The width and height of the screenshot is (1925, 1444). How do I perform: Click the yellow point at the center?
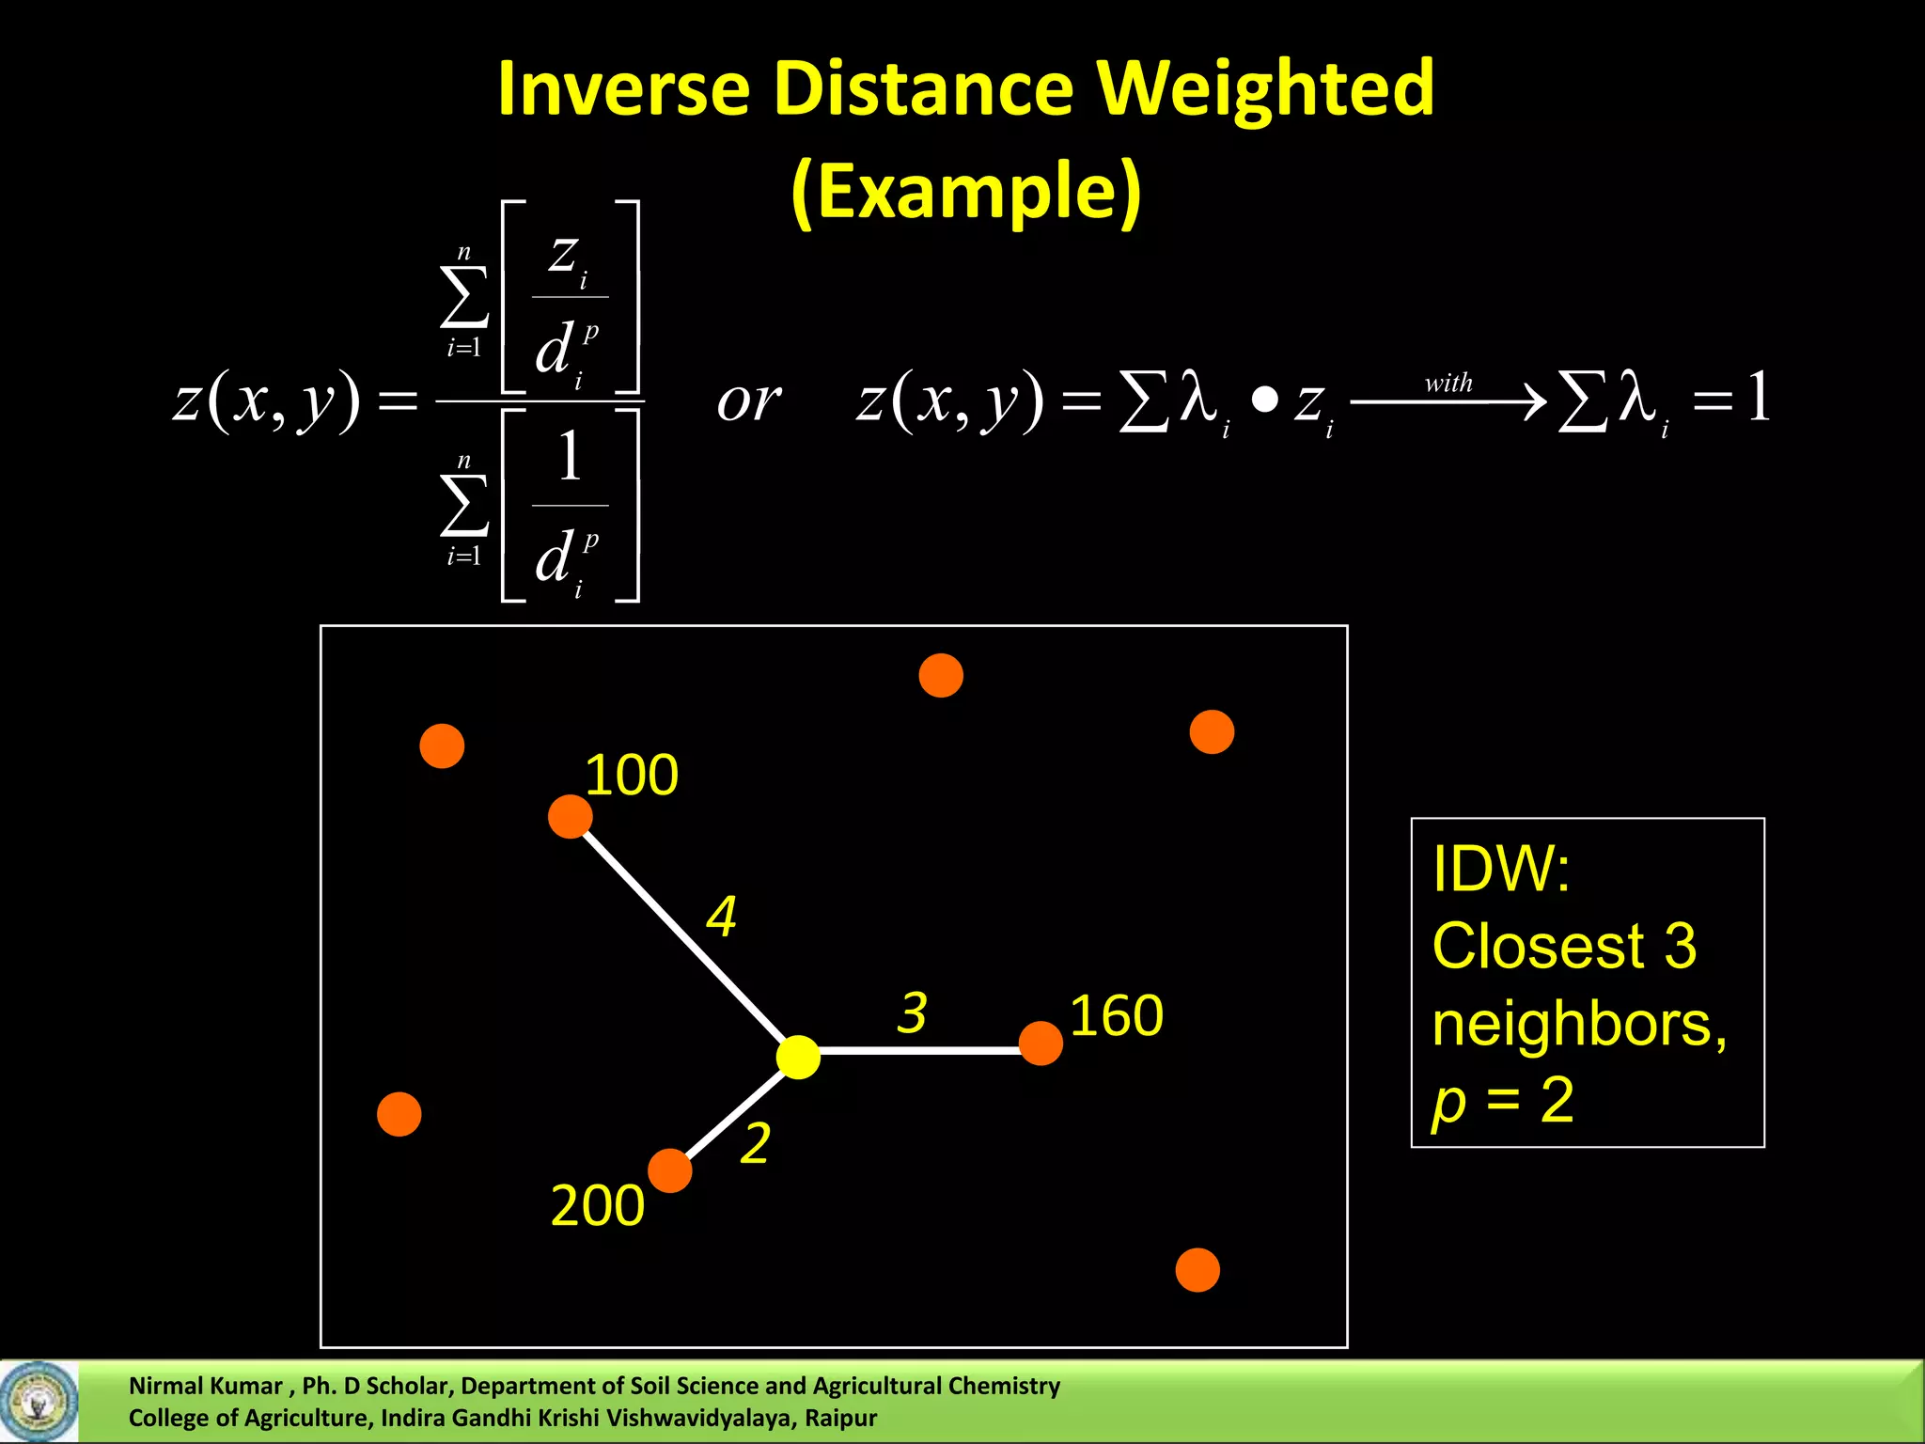click(798, 1057)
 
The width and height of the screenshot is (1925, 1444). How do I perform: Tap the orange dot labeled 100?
click(570, 816)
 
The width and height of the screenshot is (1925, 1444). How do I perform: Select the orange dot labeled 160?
click(1041, 1044)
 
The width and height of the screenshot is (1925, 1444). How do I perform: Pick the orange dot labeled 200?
click(670, 1170)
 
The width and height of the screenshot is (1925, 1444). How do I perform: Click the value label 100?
click(631, 776)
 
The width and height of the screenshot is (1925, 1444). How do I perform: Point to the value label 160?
click(1116, 1015)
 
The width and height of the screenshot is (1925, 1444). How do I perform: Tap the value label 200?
click(597, 1205)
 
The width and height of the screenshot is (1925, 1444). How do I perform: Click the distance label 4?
click(721, 917)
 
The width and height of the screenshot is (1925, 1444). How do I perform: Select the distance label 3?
click(911, 1012)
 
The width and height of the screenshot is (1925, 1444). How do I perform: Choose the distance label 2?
click(755, 1143)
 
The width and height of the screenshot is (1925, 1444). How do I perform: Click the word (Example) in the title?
click(965, 192)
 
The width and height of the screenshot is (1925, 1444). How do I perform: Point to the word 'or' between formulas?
click(748, 401)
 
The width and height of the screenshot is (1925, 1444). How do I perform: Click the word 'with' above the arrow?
click(1448, 384)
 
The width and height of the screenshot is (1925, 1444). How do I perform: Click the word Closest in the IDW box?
click(1539, 946)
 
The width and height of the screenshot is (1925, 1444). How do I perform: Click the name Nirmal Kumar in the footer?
click(205, 1386)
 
